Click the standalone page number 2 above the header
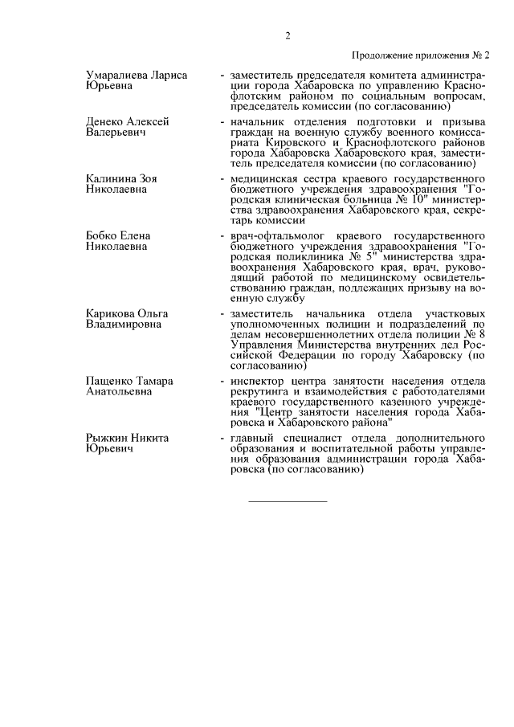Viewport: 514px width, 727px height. tap(288, 35)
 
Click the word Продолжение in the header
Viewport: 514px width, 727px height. tap(383, 55)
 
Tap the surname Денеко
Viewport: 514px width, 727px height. tap(107, 121)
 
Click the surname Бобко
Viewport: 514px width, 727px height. tap(102, 235)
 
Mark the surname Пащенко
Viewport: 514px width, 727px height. tap(111, 380)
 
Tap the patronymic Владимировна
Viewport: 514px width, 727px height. tap(124, 323)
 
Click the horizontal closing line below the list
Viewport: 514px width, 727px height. tap(288, 502)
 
